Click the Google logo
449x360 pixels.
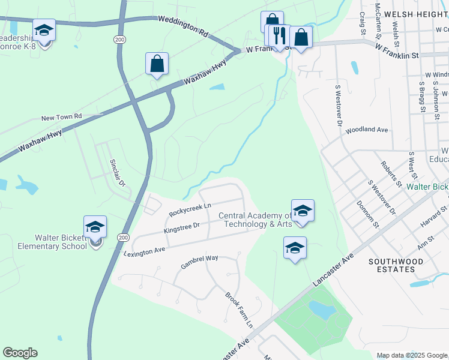[20, 353]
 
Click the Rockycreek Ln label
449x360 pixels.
[190, 210]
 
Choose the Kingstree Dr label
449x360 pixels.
[181, 227]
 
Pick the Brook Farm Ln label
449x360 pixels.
[240, 310]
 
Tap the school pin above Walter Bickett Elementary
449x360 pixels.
[95, 227]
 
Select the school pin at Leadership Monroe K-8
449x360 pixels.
[44, 30]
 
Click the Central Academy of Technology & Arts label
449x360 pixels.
[255, 220]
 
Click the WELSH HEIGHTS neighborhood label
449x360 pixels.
[417, 13]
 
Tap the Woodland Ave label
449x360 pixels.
[367, 130]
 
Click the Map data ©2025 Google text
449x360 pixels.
[412, 355]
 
